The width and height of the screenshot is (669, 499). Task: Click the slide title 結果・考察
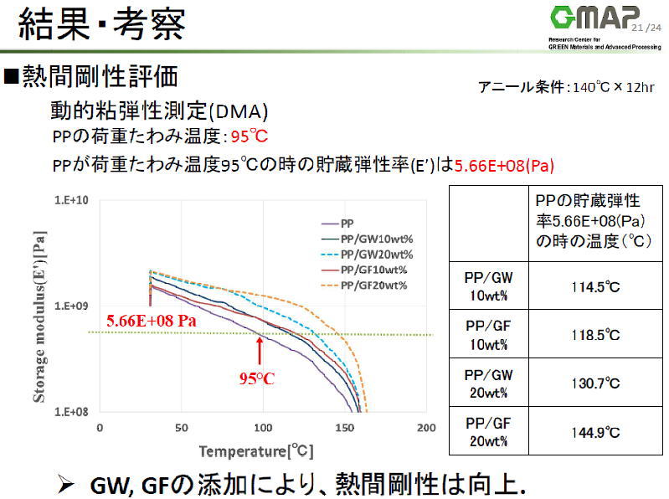tap(103, 24)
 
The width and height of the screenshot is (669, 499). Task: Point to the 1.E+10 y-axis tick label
tap(72, 200)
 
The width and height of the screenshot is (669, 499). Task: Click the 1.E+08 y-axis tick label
tap(72, 412)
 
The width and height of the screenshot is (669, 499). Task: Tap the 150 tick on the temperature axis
tap(346, 428)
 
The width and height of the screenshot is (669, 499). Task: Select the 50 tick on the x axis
tap(182, 428)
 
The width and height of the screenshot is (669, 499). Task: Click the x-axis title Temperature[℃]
tap(256, 451)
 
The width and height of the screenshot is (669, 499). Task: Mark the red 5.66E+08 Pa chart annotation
tap(152, 320)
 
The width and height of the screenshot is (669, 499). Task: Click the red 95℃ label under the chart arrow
tap(257, 378)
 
